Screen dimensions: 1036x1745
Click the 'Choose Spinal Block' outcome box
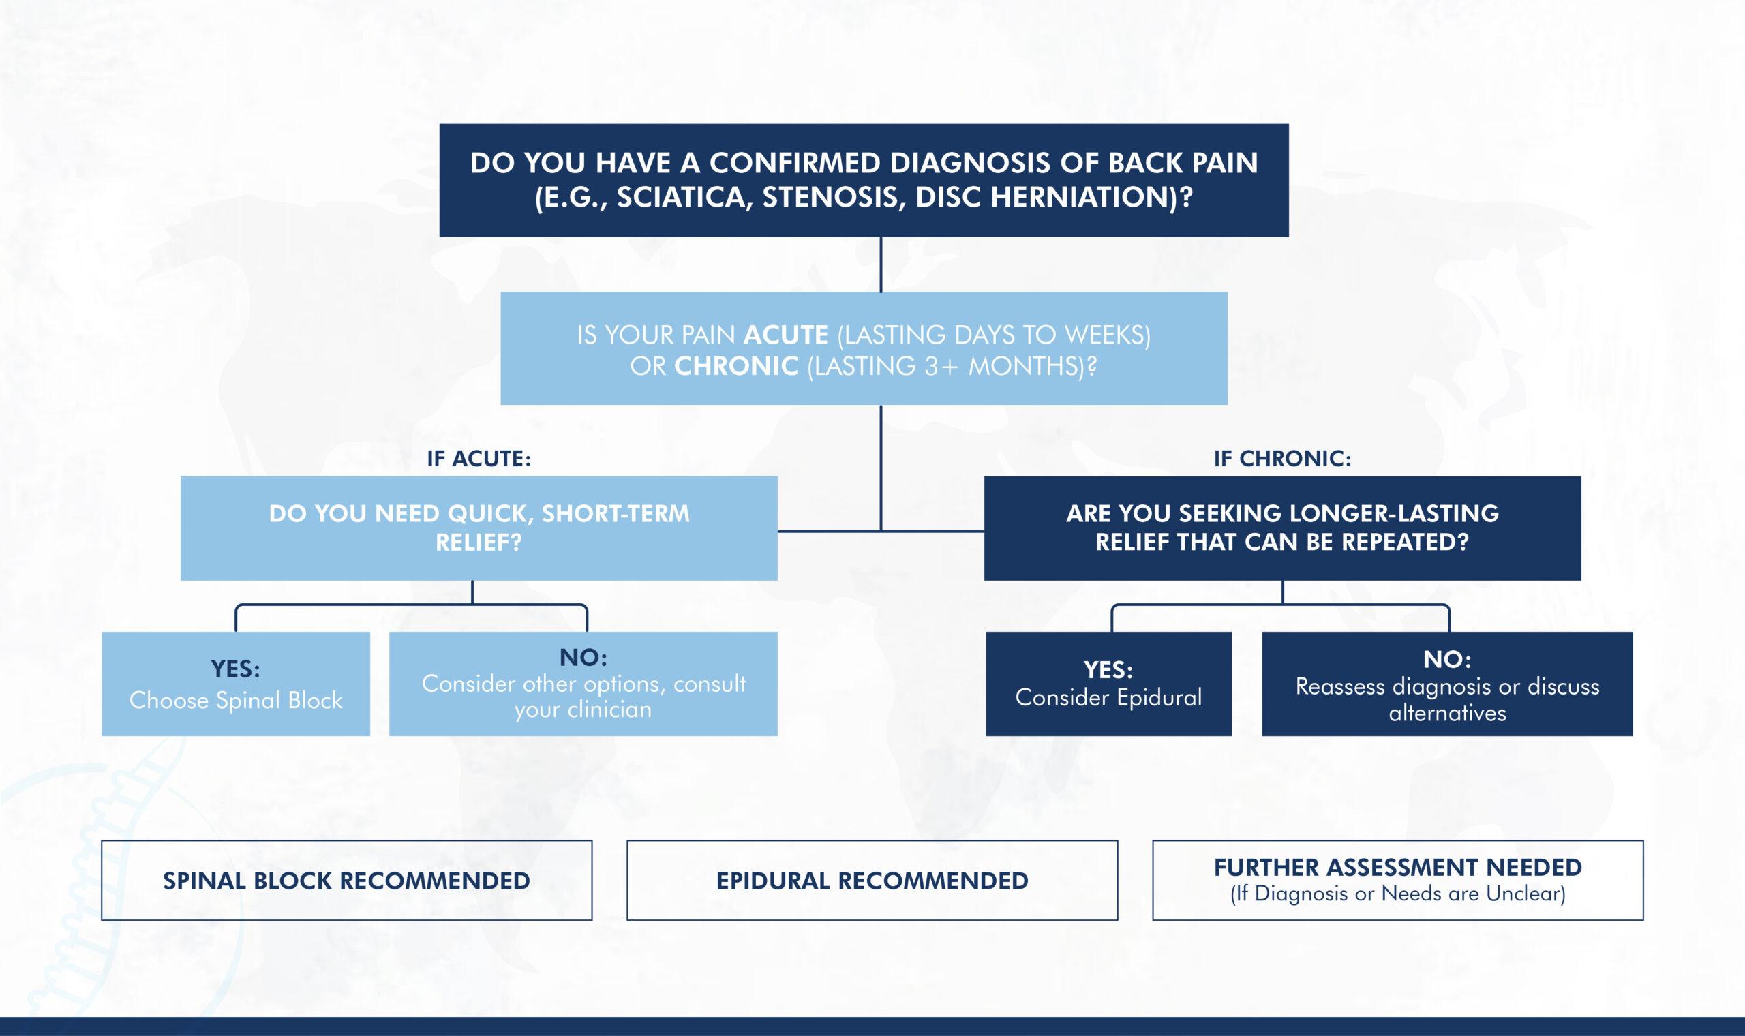coord(235,685)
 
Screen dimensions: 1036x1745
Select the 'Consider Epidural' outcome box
coord(1108,685)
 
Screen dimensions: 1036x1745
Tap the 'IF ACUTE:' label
coord(479,459)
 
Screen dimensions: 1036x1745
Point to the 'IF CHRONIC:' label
coord(1282,459)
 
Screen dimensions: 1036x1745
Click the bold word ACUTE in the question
coord(785,336)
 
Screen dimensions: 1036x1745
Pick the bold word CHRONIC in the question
coord(735,367)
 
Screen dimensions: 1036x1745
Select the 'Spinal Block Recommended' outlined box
coord(346,881)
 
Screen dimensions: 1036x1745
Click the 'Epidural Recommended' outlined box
coord(872,881)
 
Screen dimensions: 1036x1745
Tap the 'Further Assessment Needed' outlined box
coord(1397,881)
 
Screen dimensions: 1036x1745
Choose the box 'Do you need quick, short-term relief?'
coord(479,528)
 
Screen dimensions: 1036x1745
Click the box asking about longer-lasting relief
coord(1282,528)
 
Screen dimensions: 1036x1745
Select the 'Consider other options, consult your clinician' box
coord(583,685)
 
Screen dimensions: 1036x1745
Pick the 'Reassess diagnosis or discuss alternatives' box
coord(1447,685)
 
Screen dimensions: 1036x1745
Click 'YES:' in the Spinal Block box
coord(235,669)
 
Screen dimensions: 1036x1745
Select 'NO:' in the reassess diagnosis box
coord(1447,659)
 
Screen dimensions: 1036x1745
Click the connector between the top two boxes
coord(881,264)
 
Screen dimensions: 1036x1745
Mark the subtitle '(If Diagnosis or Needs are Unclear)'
coord(1397,894)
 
